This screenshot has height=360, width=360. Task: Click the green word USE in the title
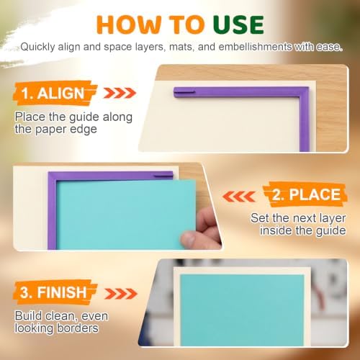coord(238,24)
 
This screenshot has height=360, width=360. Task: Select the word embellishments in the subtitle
coord(255,47)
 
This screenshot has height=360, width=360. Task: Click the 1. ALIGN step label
coord(53,93)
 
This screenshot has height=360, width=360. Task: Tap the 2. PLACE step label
coord(306,194)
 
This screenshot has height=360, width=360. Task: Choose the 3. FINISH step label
coord(53,292)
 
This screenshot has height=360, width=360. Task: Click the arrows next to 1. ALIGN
coord(120,93)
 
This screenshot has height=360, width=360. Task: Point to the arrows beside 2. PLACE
coord(239,197)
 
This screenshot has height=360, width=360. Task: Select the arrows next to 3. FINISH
coord(121,294)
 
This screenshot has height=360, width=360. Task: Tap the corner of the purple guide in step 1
coord(304,92)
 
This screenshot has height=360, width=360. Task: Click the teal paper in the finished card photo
coord(242,310)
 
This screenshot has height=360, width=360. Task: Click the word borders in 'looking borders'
coord(77,328)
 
